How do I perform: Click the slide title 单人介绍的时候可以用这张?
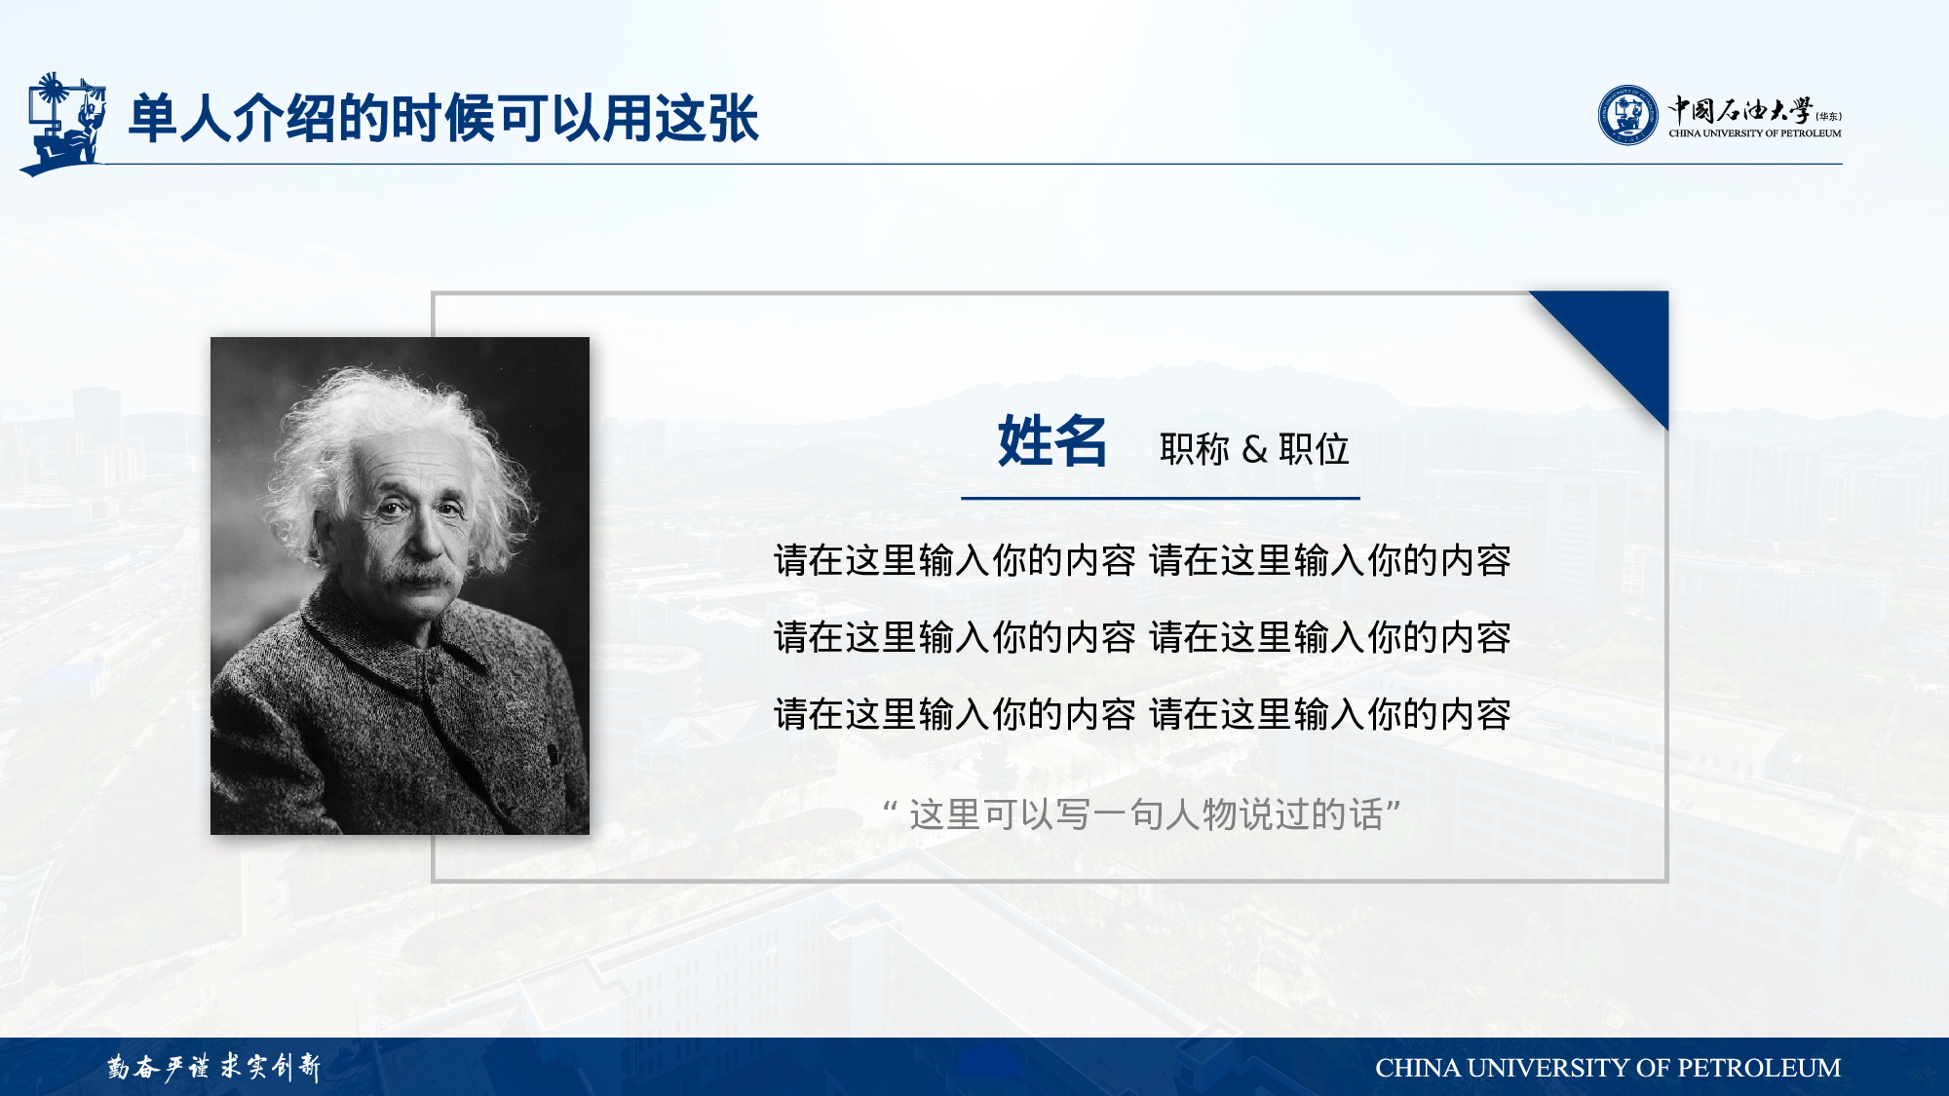443,119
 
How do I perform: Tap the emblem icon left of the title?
62,124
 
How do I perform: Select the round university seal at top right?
1627,115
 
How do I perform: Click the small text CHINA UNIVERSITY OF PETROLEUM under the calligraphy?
1755,133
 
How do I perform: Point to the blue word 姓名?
1052,441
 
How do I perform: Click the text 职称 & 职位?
1254,449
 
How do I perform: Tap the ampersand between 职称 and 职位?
1254,450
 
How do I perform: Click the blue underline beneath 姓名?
1161,498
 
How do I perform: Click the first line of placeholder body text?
1142,560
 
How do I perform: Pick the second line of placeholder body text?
1142,637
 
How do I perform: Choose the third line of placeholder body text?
1142,714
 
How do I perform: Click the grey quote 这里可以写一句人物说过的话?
1142,814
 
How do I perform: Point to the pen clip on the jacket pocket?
554,755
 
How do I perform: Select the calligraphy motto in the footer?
213,1067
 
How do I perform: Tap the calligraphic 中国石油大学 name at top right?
1740,110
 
